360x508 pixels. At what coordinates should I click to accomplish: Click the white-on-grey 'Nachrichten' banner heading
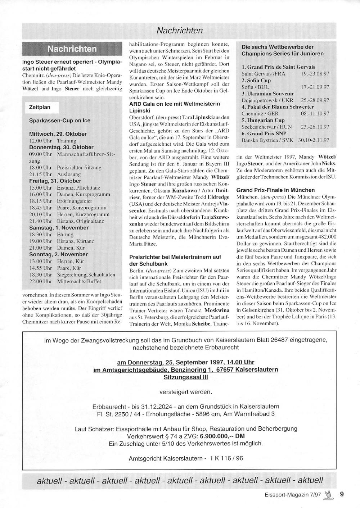[x=72, y=49]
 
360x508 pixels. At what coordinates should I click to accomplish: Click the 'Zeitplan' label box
[x=40, y=107]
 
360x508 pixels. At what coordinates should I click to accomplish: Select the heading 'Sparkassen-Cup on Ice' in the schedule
[x=59, y=121]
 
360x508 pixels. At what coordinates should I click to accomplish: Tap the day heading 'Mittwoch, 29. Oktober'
[x=58, y=134]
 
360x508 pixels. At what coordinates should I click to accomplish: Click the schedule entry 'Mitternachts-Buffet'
[x=79, y=281]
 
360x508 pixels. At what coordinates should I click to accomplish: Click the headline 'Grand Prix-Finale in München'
[x=275, y=190]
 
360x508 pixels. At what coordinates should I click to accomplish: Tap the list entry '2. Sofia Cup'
[x=256, y=81]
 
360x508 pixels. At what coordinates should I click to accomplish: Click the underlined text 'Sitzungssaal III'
[x=185, y=377]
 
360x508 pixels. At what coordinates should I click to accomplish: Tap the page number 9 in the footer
[x=342, y=494]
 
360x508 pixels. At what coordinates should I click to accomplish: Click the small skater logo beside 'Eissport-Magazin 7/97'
[x=328, y=495]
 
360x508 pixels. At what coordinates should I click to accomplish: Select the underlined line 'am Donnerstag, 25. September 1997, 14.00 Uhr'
[x=185, y=362]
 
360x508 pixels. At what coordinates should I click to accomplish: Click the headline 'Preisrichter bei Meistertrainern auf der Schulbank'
[x=175, y=260]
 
